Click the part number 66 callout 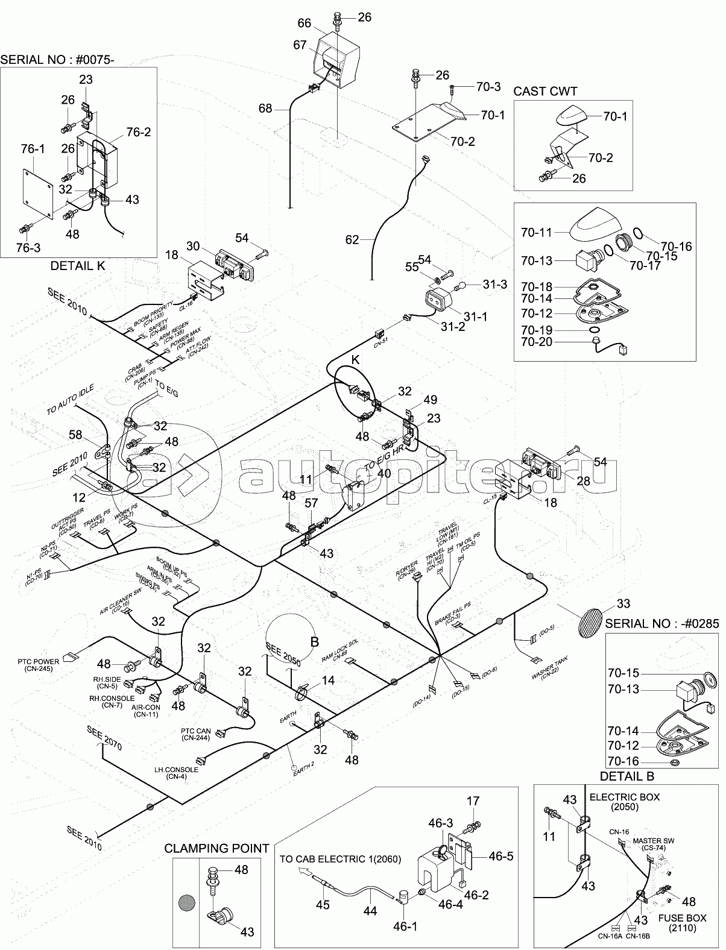(x=305, y=23)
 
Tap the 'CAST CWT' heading (x=545, y=91)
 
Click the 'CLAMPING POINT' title (x=216, y=848)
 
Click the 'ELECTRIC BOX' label (x=624, y=797)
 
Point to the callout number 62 (x=352, y=240)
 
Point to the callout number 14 (x=327, y=680)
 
